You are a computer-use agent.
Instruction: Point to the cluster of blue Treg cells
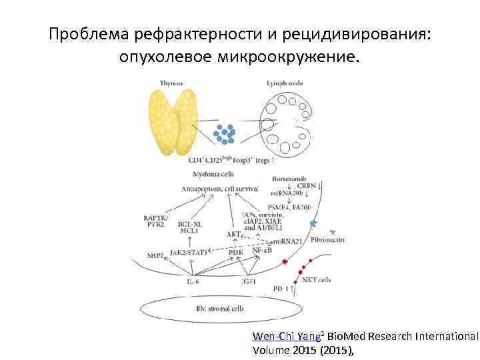[225, 133]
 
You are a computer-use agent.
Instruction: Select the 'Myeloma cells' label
[213, 174]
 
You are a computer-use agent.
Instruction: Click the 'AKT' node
[233, 235]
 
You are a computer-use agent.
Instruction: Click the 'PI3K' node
[236, 253]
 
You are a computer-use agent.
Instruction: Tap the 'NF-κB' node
[261, 249]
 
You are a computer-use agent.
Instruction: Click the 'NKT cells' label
[316, 279]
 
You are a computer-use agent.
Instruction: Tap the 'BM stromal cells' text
[220, 309]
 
